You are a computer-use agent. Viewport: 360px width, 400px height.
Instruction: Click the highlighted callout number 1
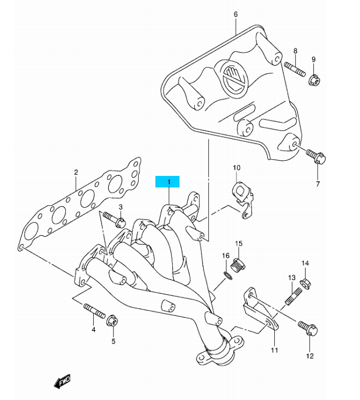tap(168, 182)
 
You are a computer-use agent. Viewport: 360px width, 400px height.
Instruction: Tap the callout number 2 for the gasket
tap(76, 172)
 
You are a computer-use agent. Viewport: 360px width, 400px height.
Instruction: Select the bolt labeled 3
tap(113, 218)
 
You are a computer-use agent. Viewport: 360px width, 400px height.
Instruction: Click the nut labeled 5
tap(113, 320)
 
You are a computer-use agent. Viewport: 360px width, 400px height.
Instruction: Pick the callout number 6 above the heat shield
tap(235, 14)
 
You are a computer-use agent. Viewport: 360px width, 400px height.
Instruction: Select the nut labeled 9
tap(314, 80)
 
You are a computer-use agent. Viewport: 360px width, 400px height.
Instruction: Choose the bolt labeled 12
tap(306, 328)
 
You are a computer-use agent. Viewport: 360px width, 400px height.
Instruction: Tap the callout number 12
tap(310, 357)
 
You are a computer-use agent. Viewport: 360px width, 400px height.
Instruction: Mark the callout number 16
tap(226, 255)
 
